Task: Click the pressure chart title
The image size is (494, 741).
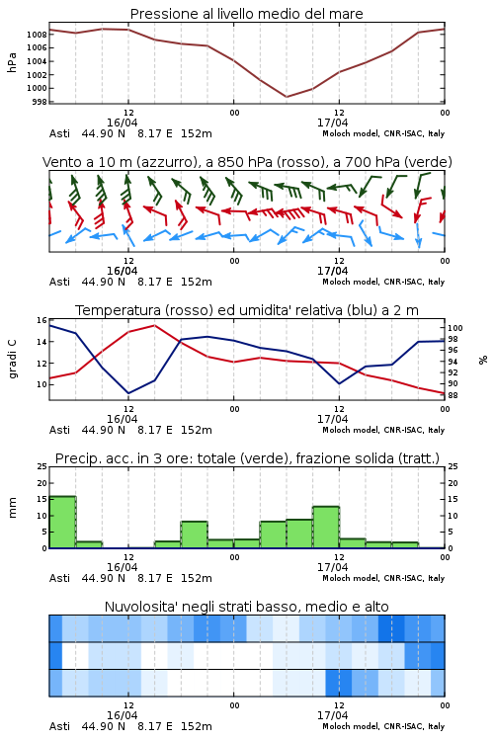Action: tap(246, 14)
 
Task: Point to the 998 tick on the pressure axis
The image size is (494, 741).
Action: tap(41, 102)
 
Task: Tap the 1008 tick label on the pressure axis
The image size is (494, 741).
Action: tap(37, 34)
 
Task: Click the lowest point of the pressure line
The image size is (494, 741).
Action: tap(287, 97)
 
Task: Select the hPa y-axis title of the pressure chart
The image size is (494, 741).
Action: tap(12, 62)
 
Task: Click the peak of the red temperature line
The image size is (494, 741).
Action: tap(154, 325)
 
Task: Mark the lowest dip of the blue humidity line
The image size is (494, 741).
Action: tap(128, 393)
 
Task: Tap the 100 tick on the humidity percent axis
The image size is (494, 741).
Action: tap(455, 328)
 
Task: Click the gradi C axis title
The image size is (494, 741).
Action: tap(13, 359)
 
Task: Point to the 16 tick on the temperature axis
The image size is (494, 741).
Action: tap(42, 320)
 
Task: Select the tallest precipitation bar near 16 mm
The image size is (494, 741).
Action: tap(62, 522)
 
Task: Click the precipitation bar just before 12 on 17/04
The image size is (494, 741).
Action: tap(326, 527)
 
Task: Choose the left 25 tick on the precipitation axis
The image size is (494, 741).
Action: tap(42, 466)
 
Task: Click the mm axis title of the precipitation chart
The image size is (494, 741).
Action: tap(13, 508)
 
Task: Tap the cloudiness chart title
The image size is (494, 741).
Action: tap(246, 607)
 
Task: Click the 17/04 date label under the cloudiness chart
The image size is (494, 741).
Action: tap(332, 715)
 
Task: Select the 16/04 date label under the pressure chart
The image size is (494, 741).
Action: tap(122, 123)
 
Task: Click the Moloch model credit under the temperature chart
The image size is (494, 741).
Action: tap(383, 430)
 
